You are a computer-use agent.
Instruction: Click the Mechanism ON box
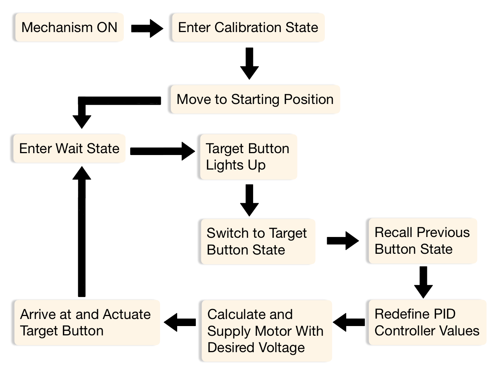pos(69,28)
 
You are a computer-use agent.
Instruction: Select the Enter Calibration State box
pos(248,28)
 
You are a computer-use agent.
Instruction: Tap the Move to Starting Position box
pos(255,99)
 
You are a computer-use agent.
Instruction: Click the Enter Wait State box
pos(69,149)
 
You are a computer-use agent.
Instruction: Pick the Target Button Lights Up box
pos(248,157)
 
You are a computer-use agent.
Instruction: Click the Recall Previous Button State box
pos(422,241)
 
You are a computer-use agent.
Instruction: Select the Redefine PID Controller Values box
pos(427,322)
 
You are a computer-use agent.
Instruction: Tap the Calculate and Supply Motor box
pos(266,331)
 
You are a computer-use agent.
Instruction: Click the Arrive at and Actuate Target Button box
pos(86,323)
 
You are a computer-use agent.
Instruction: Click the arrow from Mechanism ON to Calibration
pos(147,28)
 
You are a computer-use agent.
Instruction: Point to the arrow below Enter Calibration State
pos(249,63)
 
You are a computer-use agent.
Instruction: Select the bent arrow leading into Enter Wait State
pos(112,101)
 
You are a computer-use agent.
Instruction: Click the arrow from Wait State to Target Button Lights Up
pos(162,151)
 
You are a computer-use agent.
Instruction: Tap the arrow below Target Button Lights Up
pos(249,200)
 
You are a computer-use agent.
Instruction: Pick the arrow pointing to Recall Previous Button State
pos(342,241)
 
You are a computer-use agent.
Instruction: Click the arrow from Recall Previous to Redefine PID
pos(423,282)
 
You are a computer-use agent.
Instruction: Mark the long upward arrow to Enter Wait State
pos(82,231)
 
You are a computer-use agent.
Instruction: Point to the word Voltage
pos(282,348)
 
